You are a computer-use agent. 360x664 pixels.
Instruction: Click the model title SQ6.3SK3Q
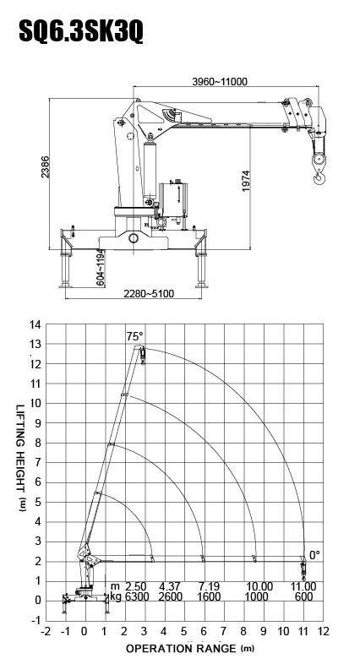click(81, 31)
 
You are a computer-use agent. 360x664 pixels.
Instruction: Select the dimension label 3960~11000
click(220, 81)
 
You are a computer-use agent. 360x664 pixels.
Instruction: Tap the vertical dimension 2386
click(46, 167)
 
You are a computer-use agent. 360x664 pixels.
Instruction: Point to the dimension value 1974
click(246, 181)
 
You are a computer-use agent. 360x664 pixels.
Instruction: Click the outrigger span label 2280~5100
click(149, 293)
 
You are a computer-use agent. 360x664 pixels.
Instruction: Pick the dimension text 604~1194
click(101, 268)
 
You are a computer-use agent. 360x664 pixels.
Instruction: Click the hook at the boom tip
click(319, 177)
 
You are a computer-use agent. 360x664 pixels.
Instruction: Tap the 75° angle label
click(134, 337)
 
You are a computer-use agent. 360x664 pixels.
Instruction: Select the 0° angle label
click(314, 555)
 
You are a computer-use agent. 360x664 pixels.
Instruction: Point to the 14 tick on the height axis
click(35, 324)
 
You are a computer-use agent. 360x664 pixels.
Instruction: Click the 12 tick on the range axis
click(323, 631)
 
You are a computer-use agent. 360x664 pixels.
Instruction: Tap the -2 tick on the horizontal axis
click(46, 631)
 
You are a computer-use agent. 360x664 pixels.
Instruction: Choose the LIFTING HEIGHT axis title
click(21, 458)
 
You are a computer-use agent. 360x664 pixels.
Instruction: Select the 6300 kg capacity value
click(135, 596)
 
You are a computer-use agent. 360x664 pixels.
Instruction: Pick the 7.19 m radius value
click(209, 586)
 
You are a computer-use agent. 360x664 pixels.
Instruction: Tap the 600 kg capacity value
click(304, 596)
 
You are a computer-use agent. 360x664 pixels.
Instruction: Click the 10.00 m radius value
click(259, 586)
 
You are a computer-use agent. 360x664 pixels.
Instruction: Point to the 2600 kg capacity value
click(170, 596)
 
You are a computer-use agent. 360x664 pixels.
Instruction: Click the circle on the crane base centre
click(134, 238)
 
